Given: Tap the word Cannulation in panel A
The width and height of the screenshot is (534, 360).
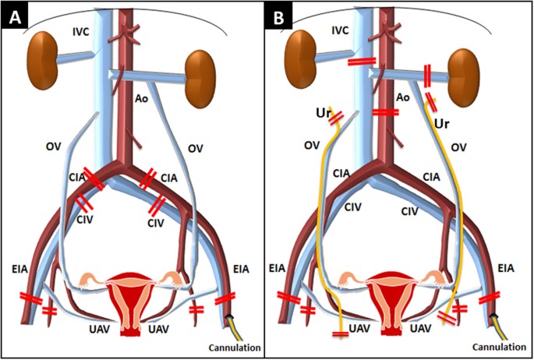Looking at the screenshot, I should (232, 348).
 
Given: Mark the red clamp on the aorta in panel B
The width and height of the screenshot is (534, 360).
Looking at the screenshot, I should (385, 113).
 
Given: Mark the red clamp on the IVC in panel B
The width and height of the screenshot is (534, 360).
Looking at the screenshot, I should (361, 62).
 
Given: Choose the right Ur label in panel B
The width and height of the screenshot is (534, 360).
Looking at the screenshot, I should (443, 123).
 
